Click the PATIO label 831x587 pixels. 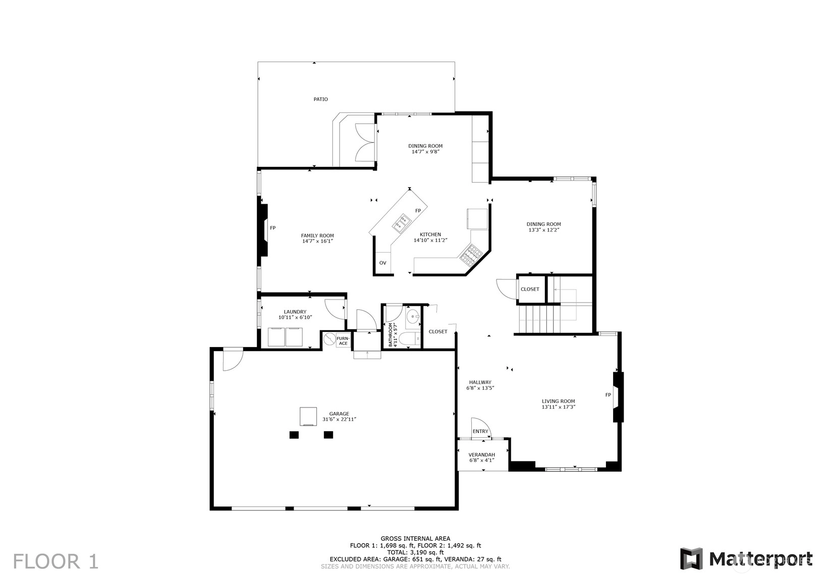(x=320, y=99)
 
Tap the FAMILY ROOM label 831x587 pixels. (x=317, y=236)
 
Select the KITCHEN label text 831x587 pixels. (x=430, y=234)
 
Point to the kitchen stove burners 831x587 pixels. (x=471, y=255)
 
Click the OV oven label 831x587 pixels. (x=383, y=263)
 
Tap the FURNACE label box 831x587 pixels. (x=343, y=341)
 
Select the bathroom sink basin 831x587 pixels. (x=413, y=317)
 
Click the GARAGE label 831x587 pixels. (x=339, y=414)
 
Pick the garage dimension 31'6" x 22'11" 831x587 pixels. (x=339, y=420)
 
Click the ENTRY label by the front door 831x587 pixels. (x=480, y=431)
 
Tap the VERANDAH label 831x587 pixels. (x=481, y=454)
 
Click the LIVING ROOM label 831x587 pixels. (x=559, y=401)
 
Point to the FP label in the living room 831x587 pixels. (x=608, y=395)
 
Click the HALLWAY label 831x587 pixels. (x=480, y=382)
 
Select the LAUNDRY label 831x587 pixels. (x=295, y=312)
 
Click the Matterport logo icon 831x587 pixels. (x=691, y=559)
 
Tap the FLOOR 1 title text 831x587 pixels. (x=56, y=561)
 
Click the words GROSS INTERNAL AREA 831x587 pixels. (x=416, y=539)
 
